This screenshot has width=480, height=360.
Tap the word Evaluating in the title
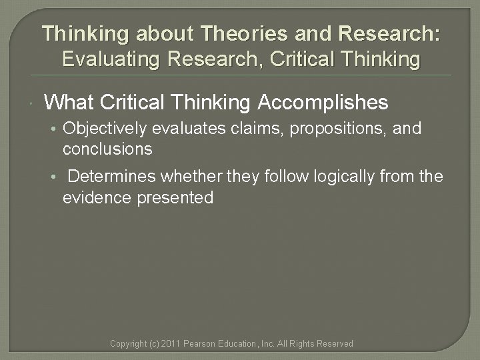[111, 59]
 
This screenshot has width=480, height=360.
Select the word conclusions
[107, 149]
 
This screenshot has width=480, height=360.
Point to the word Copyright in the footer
[127, 344]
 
